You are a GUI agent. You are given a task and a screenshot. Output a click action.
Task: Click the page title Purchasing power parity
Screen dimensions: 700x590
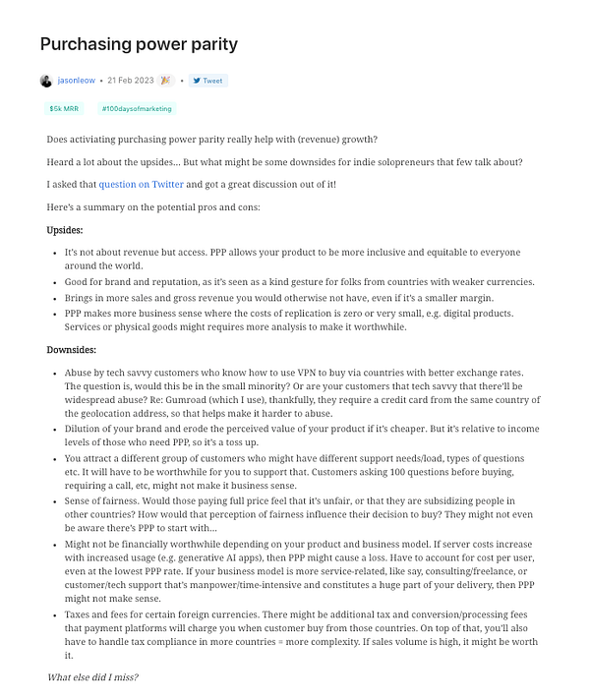(139, 44)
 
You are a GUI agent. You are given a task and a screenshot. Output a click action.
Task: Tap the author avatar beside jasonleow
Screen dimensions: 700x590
(46, 81)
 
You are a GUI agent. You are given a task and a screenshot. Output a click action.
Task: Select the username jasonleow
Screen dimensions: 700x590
(76, 81)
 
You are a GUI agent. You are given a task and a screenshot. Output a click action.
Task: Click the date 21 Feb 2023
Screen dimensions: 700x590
(131, 81)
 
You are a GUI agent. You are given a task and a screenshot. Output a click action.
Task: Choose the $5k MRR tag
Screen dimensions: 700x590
(64, 109)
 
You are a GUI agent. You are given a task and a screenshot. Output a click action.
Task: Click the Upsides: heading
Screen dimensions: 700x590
(65, 229)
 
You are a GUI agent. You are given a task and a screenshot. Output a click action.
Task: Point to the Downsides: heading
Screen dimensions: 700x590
(73, 349)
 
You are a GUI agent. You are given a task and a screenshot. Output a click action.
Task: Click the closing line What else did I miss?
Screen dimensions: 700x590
(92, 677)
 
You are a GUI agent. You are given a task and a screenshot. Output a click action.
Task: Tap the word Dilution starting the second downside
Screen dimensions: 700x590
(84, 430)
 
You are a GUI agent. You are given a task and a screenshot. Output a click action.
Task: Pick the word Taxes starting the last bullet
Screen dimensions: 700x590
(80, 612)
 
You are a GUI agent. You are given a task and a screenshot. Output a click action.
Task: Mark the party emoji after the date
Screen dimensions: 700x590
(165, 81)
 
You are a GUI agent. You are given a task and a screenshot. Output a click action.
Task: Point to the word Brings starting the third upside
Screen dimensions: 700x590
(80, 297)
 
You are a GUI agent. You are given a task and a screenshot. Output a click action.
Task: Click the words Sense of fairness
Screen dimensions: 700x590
(105, 499)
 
